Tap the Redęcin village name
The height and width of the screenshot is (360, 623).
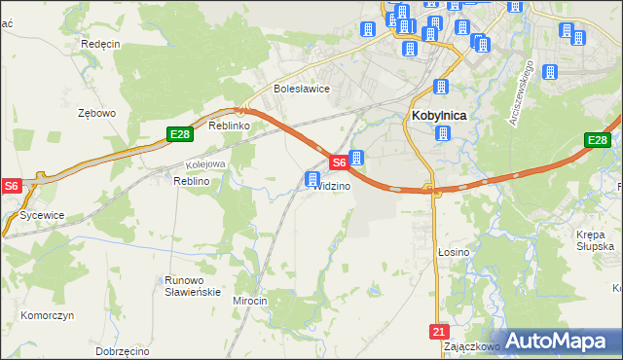100,44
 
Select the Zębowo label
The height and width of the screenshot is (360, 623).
97,113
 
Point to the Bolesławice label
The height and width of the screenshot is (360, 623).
302,89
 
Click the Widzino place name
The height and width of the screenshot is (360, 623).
332,186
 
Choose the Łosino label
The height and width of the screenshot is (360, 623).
454,252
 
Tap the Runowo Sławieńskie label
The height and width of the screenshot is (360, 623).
192,286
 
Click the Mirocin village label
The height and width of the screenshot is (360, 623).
249,302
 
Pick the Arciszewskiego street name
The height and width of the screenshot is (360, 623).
523,93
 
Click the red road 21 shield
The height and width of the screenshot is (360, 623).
437,332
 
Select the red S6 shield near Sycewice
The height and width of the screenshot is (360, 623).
11,185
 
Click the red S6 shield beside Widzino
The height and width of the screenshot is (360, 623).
337,163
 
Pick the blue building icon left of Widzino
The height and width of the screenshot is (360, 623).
312,179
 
